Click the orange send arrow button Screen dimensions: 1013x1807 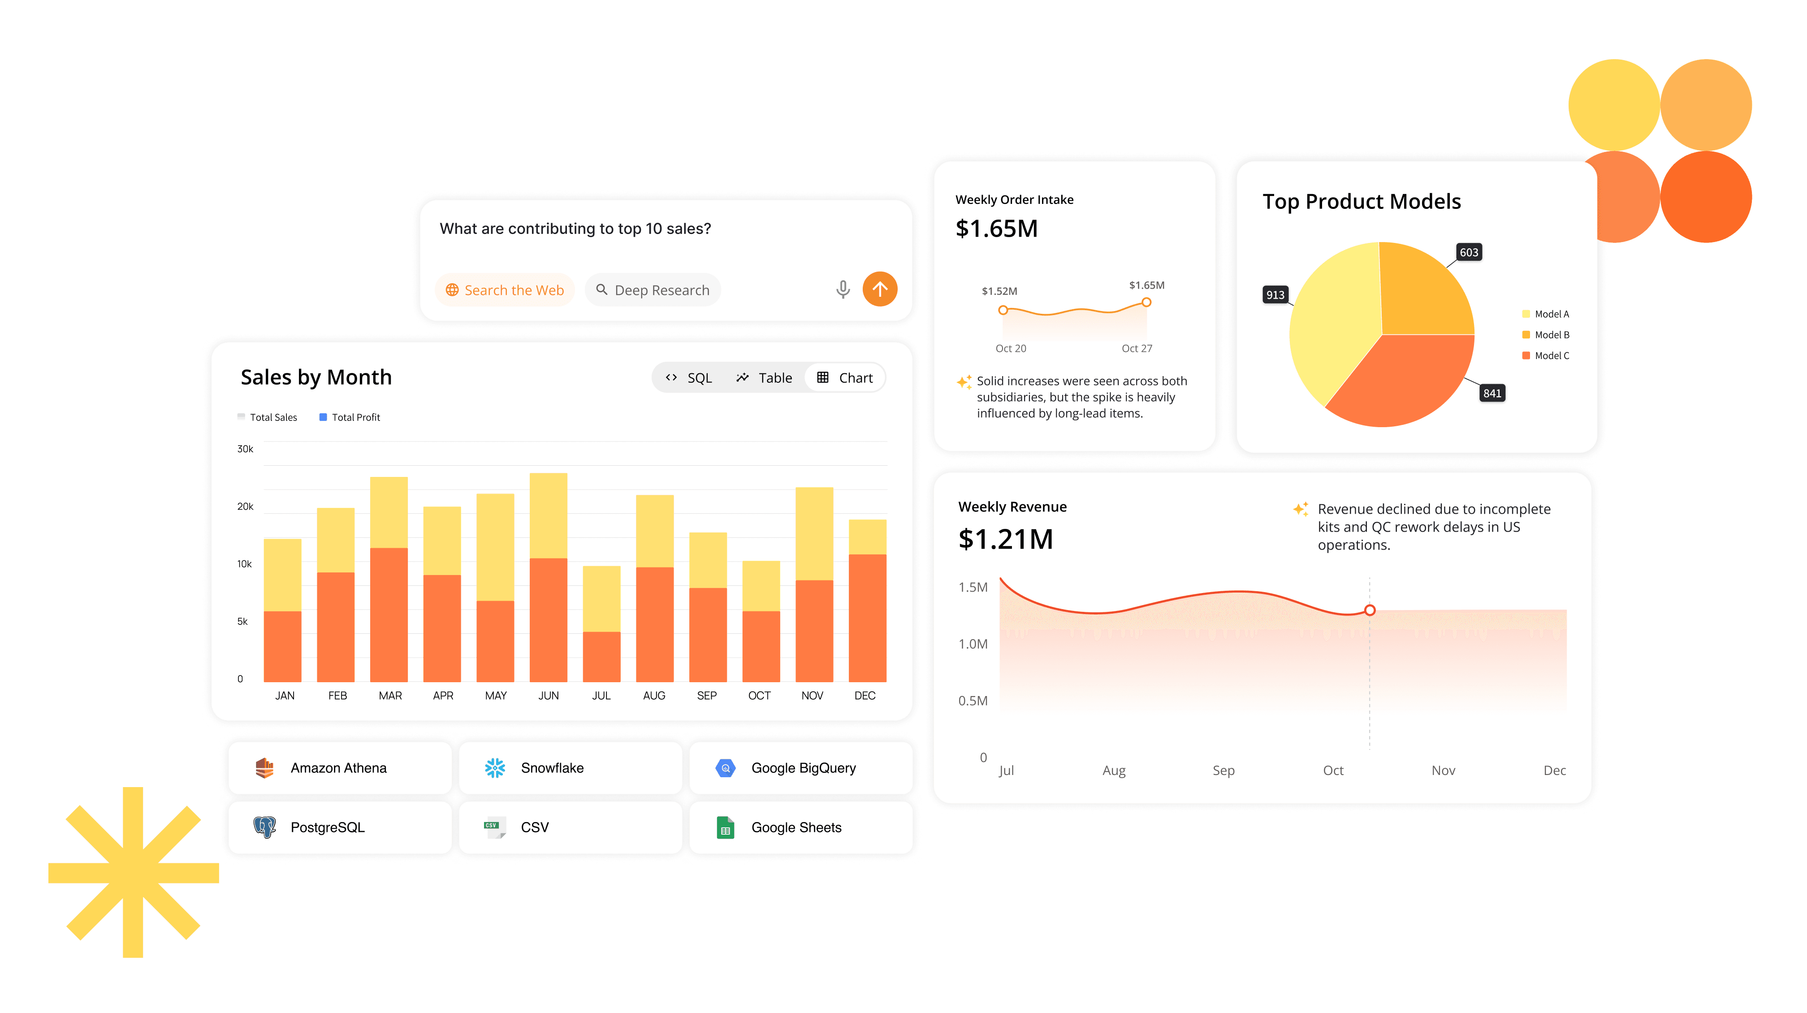tap(880, 289)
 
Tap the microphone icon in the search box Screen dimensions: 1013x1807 tap(843, 289)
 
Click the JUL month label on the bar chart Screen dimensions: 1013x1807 tap(601, 695)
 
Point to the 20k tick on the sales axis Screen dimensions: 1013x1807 tap(245, 506)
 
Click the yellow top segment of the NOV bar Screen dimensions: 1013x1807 tap(814, 533)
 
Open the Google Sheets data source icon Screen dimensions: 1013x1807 tap(725, 828)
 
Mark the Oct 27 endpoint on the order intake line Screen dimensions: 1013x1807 tap(1146, 303)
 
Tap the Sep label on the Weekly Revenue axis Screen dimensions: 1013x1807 tap(1223, 770)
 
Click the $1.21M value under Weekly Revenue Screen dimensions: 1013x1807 tap(1005, 539)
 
